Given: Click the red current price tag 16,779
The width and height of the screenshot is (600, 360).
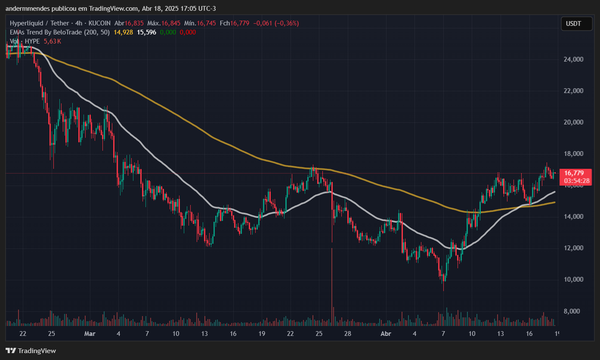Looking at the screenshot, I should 574,173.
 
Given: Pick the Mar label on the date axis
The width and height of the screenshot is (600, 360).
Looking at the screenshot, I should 90,334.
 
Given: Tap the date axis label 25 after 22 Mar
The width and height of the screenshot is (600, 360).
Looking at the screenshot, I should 319,334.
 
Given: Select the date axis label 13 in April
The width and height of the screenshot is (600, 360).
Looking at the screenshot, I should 501,334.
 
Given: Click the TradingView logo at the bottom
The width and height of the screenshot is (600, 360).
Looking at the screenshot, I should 31,351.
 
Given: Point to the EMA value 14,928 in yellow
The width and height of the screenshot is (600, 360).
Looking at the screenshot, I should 123,32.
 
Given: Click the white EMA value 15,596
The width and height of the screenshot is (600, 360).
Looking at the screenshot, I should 146,32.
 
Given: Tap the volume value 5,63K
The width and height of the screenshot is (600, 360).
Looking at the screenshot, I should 53,41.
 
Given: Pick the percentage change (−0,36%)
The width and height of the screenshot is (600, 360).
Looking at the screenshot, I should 284,23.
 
